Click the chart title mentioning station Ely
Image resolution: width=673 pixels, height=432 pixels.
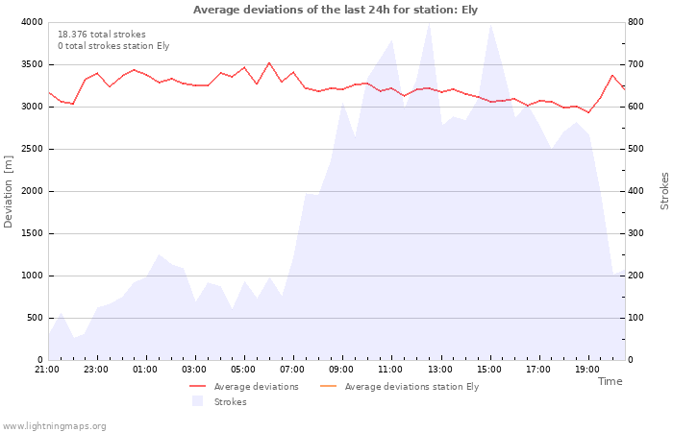click(336, 10)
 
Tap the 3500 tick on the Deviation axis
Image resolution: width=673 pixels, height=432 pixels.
click(32, 64)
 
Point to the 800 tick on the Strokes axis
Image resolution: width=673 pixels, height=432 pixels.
click(636, 22)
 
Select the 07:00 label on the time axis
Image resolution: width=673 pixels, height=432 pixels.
click(292, 370)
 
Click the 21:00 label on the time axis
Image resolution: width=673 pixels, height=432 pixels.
click(47, 370)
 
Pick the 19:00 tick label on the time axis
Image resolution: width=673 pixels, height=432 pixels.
click(587, 370)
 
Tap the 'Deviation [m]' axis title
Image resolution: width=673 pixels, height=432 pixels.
click(8, 191)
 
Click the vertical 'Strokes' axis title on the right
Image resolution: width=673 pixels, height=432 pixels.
click(664, 191)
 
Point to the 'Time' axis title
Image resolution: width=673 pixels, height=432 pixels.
click(610, 381)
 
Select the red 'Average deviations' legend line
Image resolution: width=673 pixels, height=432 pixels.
click(197, 387)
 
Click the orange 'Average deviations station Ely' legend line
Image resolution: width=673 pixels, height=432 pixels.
click(329, 387)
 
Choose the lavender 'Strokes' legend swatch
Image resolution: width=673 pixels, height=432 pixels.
click(197, 401)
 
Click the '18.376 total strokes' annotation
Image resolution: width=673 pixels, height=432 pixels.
click(102, 35)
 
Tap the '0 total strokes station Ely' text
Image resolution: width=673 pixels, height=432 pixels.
click(113, 46)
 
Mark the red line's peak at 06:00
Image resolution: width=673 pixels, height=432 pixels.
click(269, 63)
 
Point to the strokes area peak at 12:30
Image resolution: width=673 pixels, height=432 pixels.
click(429, 23)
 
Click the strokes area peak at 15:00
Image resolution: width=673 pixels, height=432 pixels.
click(490, 25)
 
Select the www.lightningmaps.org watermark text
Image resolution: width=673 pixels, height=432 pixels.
click(54, 426)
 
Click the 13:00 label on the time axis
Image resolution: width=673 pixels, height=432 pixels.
click(440, 370)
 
